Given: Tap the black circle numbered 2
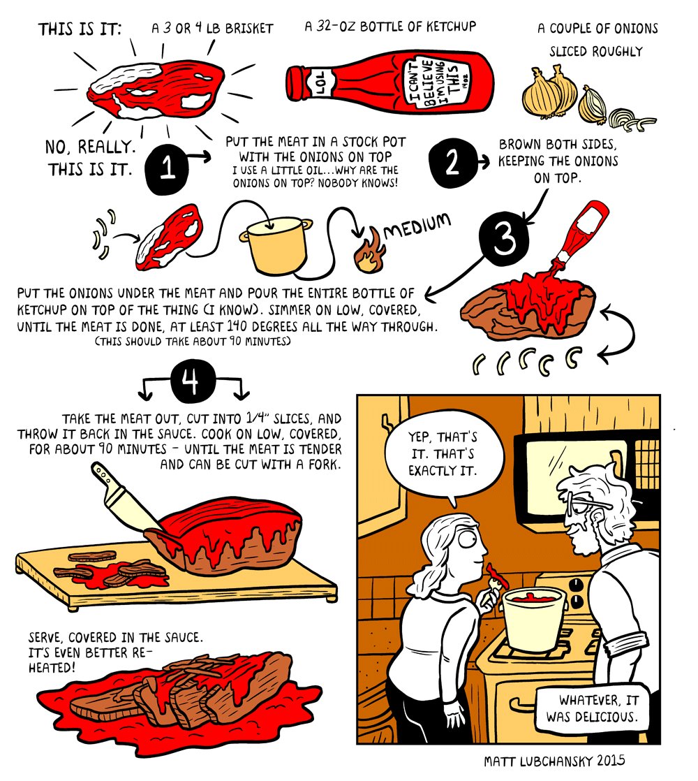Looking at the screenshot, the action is [x=452, y=163].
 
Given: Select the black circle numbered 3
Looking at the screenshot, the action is [x=503, y=239].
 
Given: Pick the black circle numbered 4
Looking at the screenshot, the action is [x=193, y=382].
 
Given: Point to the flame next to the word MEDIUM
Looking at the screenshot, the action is [x=369, y=251].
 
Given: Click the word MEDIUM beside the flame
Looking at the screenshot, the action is [x=417, y=226].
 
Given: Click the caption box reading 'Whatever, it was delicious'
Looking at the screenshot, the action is [x=591, y=708].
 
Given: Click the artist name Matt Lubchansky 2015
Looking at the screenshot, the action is [x=554, y=761].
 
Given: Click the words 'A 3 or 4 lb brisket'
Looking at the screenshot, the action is [x=212, y=29].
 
